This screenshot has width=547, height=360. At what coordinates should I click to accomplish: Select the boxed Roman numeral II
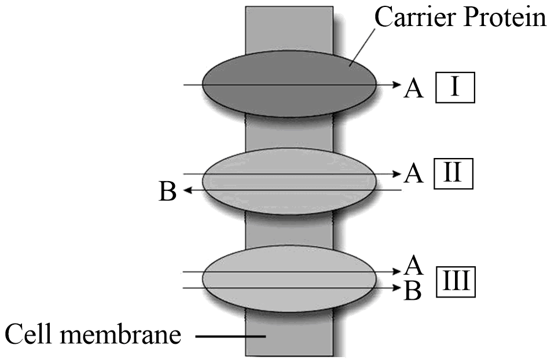454,173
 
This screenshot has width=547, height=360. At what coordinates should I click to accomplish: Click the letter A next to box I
414,88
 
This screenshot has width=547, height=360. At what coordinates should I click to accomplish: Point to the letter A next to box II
413,173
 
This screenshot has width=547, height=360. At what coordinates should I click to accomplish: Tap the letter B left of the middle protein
167,192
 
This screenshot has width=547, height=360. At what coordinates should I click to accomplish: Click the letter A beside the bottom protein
413,266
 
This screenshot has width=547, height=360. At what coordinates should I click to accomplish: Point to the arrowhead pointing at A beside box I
397,86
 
